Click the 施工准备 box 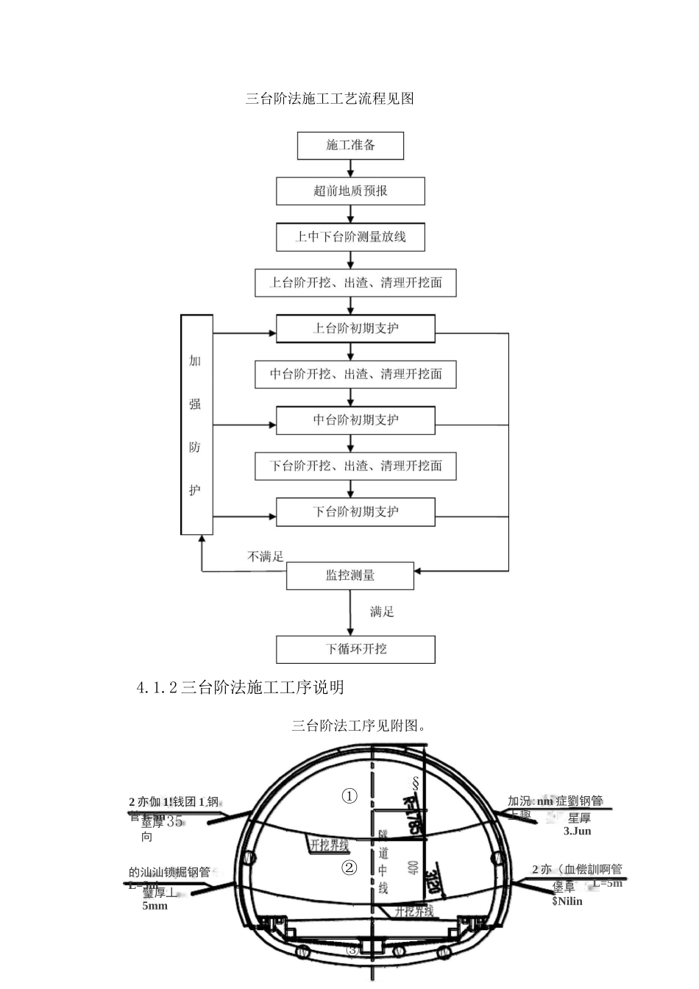(x=350, y=146)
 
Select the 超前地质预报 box (x=350, y=191)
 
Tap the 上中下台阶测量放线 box (x=350, y=237)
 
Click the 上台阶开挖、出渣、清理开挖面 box (x=355, y=283)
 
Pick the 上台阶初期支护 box (x=355, y=328)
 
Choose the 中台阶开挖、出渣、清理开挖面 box (x=355, y=374)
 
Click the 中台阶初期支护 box (x=355, y=420)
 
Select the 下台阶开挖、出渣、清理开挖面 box (x=355, y=466)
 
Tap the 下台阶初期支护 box (x=355, y=511)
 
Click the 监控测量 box (x=350, y=575)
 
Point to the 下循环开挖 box (x=355, y=649)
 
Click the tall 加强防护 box (x=196, y=425)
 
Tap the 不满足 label (x=265, y=557)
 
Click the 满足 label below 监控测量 (x=382, y=612)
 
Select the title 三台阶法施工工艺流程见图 (x=330, y=99)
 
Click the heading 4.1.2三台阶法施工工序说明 (x=240, y=687)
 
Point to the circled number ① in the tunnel (x=349, y=796)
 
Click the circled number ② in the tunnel (x=349, y=868)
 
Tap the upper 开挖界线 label (x=330, y=846)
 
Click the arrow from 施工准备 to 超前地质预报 (x=351, y=169)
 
